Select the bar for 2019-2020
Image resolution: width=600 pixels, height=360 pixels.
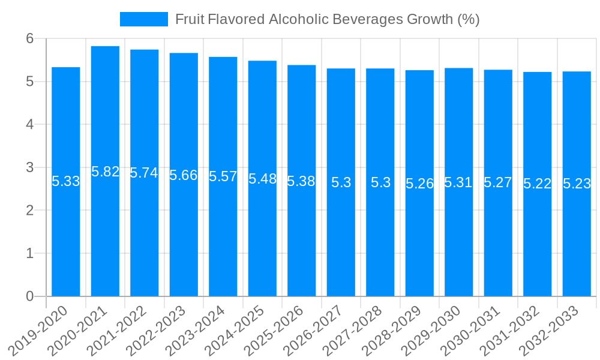pos(66,240)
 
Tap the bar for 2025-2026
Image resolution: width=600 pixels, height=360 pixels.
pos(302,240)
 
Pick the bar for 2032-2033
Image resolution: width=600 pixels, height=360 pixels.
pos(577,240)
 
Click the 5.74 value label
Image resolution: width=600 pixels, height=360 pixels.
pos(145,173)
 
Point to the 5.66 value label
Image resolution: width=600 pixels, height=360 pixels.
pos(184,175)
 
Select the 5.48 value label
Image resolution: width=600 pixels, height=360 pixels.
pos(262,178)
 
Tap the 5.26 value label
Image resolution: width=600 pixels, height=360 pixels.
pos(419,184)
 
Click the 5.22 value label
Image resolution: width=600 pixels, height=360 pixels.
pos(538,184)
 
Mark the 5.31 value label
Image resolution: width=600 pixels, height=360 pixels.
pos(459,182)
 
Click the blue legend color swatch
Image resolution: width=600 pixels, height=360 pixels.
pos(144,19)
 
